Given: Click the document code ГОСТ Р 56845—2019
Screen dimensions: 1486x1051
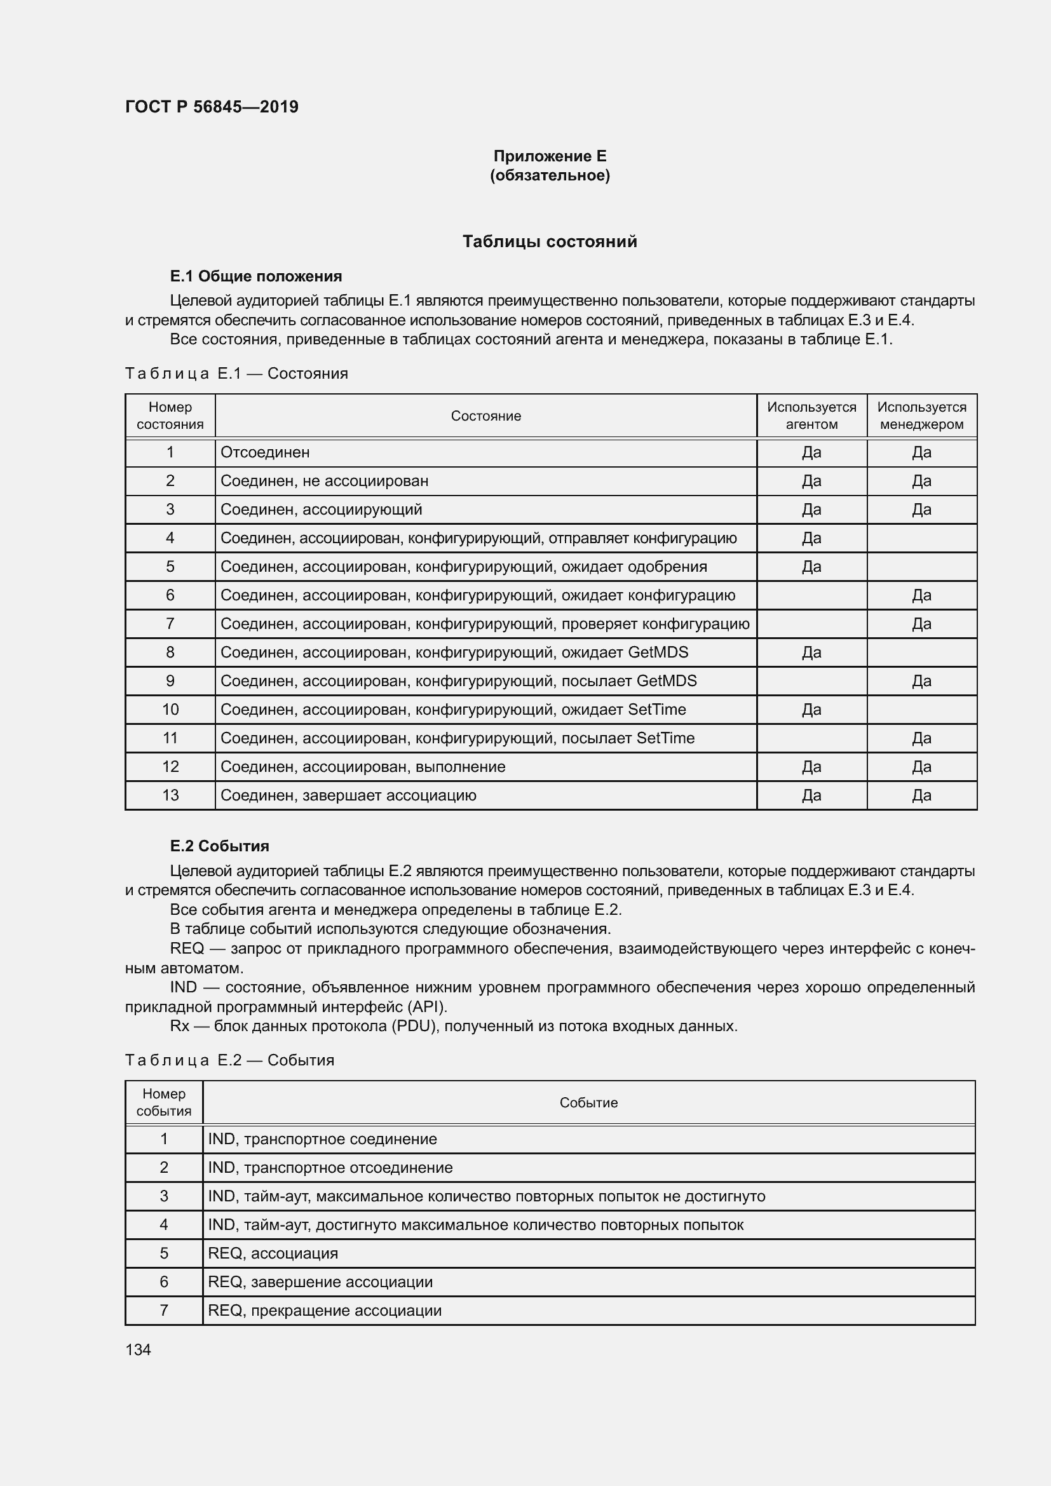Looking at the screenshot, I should tap(212, 107).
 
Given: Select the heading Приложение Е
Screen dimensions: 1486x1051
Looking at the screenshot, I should tap(550, 156).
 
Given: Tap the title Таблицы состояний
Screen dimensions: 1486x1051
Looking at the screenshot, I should tap(550, 241).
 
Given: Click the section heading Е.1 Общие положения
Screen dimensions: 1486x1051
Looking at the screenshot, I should tap(255, 276).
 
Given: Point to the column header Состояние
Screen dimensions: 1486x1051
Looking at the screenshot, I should tap(485, 416).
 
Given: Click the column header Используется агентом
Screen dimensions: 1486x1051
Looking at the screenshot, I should tap(811, 415).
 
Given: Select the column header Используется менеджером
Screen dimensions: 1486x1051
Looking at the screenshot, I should tap(921, 415).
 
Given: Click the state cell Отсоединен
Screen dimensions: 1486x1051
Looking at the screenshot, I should tap(266, 452).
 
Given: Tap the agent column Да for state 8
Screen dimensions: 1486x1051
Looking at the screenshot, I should tap(811, 652).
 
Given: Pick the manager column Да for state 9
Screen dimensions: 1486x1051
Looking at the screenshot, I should tap(921, 681).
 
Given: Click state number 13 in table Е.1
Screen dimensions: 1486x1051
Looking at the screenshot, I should tap(170, 795).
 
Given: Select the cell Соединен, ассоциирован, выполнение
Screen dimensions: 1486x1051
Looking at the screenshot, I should tap(362, 767).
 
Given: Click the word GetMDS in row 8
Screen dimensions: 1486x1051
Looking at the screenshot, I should tap(658, 652).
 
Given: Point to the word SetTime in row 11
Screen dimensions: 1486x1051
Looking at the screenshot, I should tap(665, 738).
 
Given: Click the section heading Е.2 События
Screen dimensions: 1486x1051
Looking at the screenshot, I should tap(219, 846).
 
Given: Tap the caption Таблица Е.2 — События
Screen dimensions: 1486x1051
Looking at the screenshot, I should tap(229, 1060).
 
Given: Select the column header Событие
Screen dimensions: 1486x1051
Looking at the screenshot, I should tap(588, 1103).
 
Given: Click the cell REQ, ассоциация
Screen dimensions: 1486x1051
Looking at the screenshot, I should tap(273, 1253).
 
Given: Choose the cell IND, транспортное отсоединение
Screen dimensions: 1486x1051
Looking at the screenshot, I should tap(330, 1168).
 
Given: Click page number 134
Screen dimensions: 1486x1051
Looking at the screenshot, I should tap(138, 1349).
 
